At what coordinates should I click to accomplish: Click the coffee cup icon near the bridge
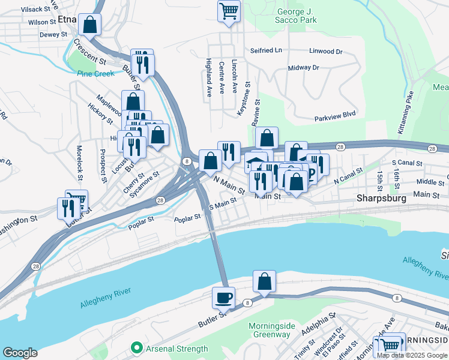coord(223,297)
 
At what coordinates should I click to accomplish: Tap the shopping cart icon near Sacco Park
coord(229,10)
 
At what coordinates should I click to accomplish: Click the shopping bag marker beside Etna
coord(89,25)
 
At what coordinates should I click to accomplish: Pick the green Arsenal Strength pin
coord(136,349)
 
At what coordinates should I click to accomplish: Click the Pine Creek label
coord(95,74)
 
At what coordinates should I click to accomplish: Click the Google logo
coord(20,353)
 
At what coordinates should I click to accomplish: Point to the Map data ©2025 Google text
coord(412,355)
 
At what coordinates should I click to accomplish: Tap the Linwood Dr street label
coord(325,52)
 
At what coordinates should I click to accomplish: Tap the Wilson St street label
coord(42,21)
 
